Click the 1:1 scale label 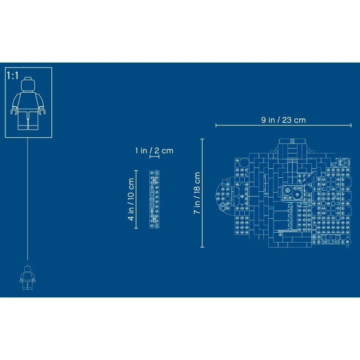tap(13, 76)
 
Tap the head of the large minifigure tap(28, 85)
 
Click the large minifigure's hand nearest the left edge tap(14, 112)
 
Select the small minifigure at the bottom tap(27, 277)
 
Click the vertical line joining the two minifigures tap(27, 199)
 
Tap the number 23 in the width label tap(287, 120)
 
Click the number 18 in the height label tap(197, 187)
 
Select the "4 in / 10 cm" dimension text tap(131, 199)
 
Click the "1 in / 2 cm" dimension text tap(154, 151)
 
